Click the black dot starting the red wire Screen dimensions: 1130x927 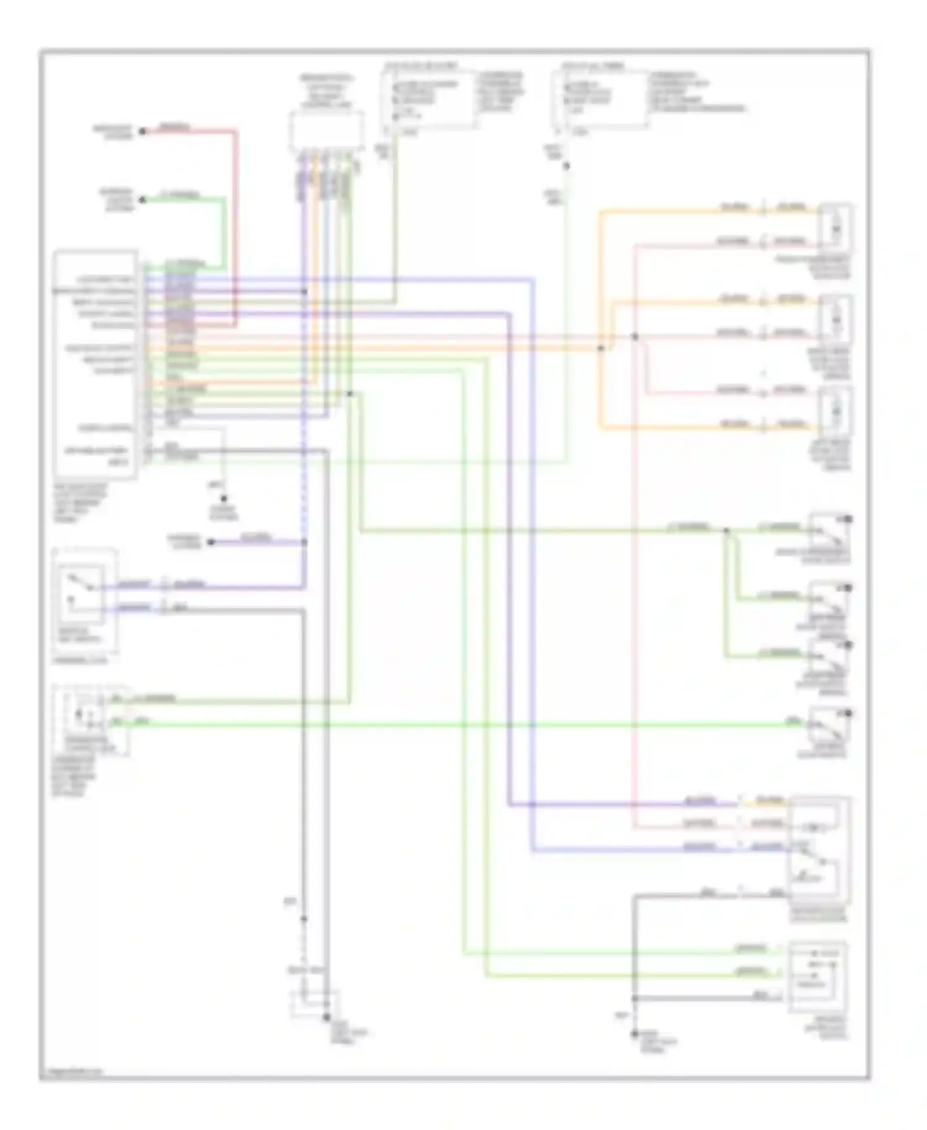coord(142,131)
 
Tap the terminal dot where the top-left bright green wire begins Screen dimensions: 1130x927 coord(142,200)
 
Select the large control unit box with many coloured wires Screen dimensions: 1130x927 coord(95,364)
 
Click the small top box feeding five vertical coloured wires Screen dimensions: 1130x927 coord(326,131)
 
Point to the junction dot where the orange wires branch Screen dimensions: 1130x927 coord(600,348)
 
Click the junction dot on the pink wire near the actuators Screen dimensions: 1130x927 coord(635,336)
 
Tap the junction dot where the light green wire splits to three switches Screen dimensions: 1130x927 coord(727,530)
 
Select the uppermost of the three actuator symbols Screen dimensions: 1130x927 coord(835,229)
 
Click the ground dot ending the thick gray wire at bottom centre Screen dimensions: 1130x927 coord(326,1017)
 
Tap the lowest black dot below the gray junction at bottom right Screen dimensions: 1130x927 coord(634,1034)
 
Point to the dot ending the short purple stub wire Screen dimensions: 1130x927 coord(211,542)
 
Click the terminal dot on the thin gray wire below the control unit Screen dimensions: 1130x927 coord(224,498)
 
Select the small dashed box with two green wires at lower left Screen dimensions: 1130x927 coord(91,720)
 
